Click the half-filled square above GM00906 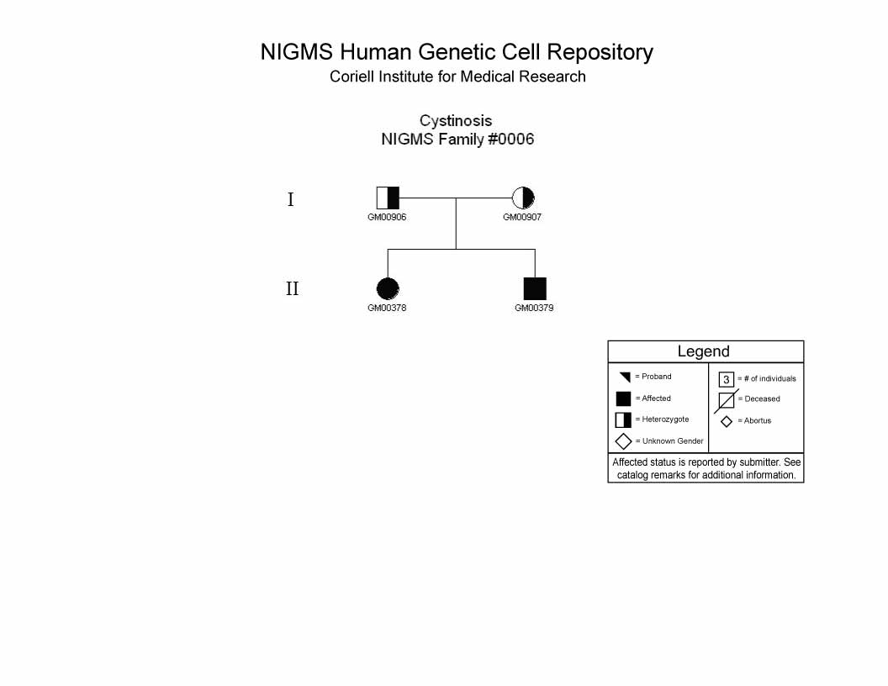pyautogui.click(x=388, y=198)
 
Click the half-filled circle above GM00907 pyautogui.click(x=523, y=198)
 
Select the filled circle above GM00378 pyautogui.click(x=388, y=288)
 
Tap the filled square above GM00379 pyautogui.click(x=535, y=288)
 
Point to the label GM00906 pyautogui.click(x=387, y=217)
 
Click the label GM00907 pyautogui.click(x=522, y=217)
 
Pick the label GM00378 pyautogui.click(x=387, y=308)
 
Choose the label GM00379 pyautogui.click(x=534, y=308)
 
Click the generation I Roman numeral pyautogui.click(x=290, y=199)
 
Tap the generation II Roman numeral pyautogui.click(x=293, y=288)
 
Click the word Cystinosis pyautogui.click(x=456, y=121)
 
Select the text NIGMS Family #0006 pyautogui.click(x=457, y=140)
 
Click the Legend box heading pyautogui.click(x=703, y=351)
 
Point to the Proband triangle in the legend pyautogui.click(x=626, y=377)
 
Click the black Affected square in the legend pyautogui.click(x=623, y=399)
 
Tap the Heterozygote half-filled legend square pyautogui.click(x=623, y=420)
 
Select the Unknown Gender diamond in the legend pyautogui.click(x=623, y=441)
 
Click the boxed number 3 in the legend pyautogui.click(x=727, y=379)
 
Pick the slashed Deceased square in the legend pyautogui.click(x=727, y=401)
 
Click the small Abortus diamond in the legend pyautogui.click(x=727, y=422)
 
